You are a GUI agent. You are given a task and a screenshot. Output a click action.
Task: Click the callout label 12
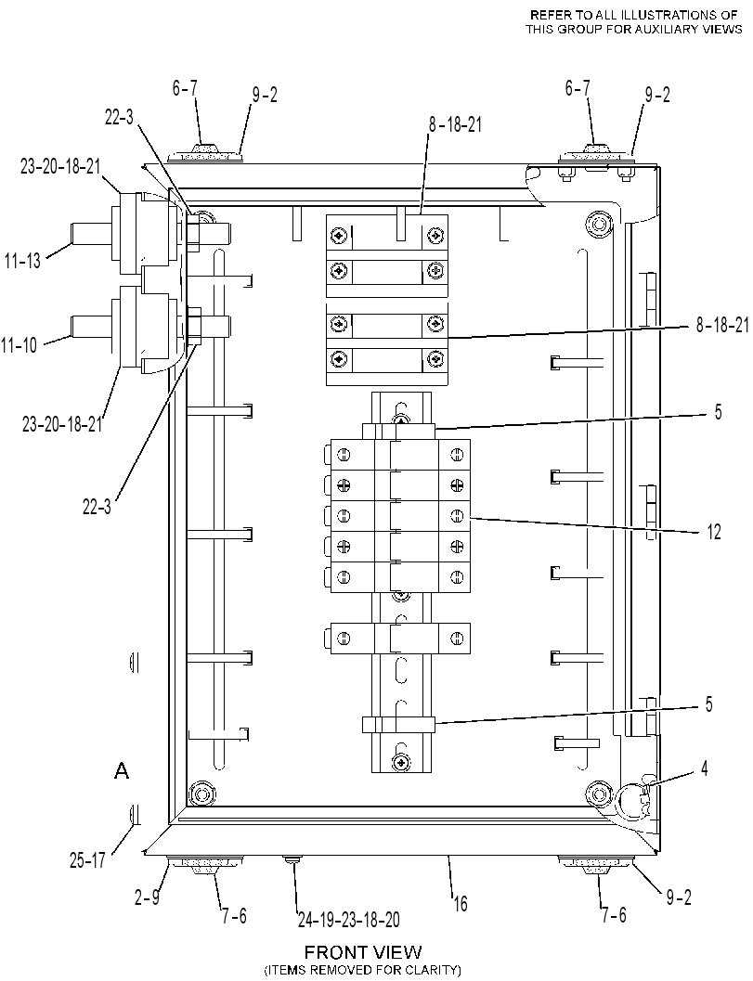[x=714, y=532]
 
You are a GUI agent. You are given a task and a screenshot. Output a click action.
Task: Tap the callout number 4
[x=704, y=768]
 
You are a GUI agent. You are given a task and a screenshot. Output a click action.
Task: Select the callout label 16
[x=460, y=903]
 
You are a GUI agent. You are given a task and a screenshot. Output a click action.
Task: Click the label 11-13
[x=22, y=261]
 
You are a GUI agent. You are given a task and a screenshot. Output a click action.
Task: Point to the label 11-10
[x=19, y=344]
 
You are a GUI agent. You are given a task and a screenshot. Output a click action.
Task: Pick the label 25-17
[x=87, y=860]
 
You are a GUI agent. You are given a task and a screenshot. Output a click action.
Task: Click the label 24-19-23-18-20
[x=349, y=919]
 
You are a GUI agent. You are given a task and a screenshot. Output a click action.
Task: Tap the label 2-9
[x=147, y=897]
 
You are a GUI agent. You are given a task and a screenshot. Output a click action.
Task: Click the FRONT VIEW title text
[x=363, y=952]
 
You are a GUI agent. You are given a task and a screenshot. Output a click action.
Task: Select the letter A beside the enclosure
[x=122, y=770]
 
